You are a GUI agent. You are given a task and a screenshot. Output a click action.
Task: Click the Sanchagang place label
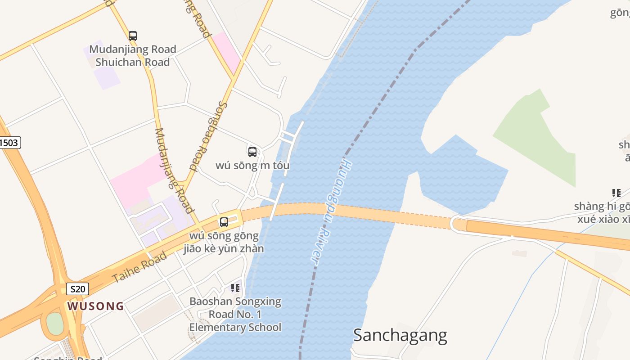tap(400, 335)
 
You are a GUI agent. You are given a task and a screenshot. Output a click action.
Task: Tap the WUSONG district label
tap(95, 306)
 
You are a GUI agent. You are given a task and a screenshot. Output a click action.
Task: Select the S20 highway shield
tap(77, 289)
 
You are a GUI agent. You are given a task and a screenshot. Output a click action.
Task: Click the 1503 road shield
tap(9, 143)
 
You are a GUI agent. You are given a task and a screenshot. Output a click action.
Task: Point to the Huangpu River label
tap(331, 210)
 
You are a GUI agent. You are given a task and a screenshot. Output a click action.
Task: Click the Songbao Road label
tap(209, 136)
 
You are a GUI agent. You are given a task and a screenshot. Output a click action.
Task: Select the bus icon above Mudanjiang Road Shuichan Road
tap(132, 36)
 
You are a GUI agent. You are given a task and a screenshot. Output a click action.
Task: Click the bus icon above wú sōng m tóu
tap(252, 152)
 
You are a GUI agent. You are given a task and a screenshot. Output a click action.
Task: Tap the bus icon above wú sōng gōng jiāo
tap(224, 222)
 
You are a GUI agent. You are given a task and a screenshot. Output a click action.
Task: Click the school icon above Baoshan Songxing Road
tap(235, 288)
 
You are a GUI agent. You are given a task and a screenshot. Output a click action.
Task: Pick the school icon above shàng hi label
tap(616, 193)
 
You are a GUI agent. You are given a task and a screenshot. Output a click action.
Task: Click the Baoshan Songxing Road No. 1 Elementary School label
tap(235, 315)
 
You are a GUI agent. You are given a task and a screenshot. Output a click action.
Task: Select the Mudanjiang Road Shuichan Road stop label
tap(132, 56)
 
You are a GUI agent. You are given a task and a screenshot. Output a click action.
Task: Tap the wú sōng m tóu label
tap(252, 166)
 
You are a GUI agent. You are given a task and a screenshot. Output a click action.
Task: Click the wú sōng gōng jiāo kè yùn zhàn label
tap(224, 242)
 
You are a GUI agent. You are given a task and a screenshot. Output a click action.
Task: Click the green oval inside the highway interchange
tap(55, 323)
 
